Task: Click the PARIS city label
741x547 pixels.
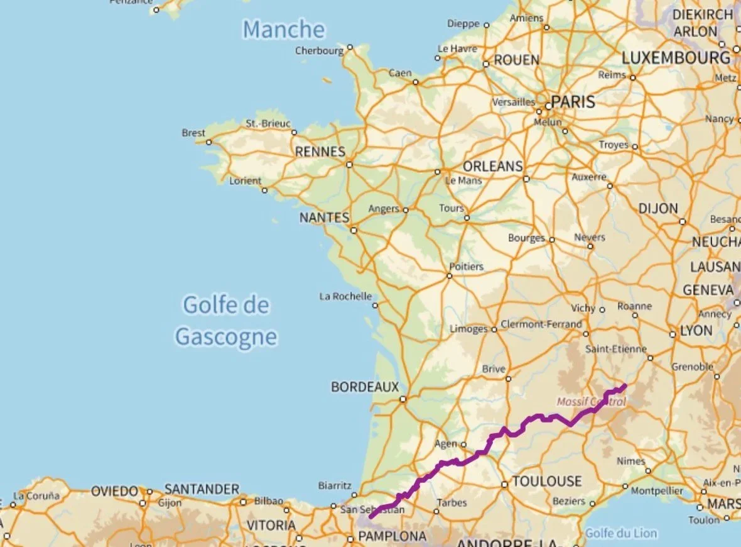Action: pyautogui.click(x=573, y=102)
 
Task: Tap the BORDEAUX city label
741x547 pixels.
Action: pyautogui.click(x=365, y=387)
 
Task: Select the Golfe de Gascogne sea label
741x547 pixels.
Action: pyautogui.click(x=226, y=321)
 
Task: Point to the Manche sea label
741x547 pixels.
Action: pyautogui.click(x=284, y=30)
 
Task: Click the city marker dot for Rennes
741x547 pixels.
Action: pyautogui.click(x=349, y=165)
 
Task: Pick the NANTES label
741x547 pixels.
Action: pyautogui.click(x=324, y=218)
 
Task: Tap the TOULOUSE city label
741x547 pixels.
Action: pyautogui.click(x=548, y=482)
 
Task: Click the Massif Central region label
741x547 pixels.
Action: pyautogui.click(x=591, y=401)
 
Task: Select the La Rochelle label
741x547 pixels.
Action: pyautogui.click(x=345, y=296)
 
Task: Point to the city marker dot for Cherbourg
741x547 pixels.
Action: pyautogui.click(x=350, y=47)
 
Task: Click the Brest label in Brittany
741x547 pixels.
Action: pyautogui.click(x=193, y=133)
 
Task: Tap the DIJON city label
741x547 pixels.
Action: pyautogui.click(x=658, y=208)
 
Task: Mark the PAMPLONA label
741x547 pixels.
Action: pyautogui.click(x=392, y=536)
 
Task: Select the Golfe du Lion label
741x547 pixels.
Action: pyautogui.click(x=621, y=534)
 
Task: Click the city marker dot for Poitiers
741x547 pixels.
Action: pyautogui.click(x=450, y=275)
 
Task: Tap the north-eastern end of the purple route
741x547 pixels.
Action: pyautogui.click(x=624, y=385)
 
